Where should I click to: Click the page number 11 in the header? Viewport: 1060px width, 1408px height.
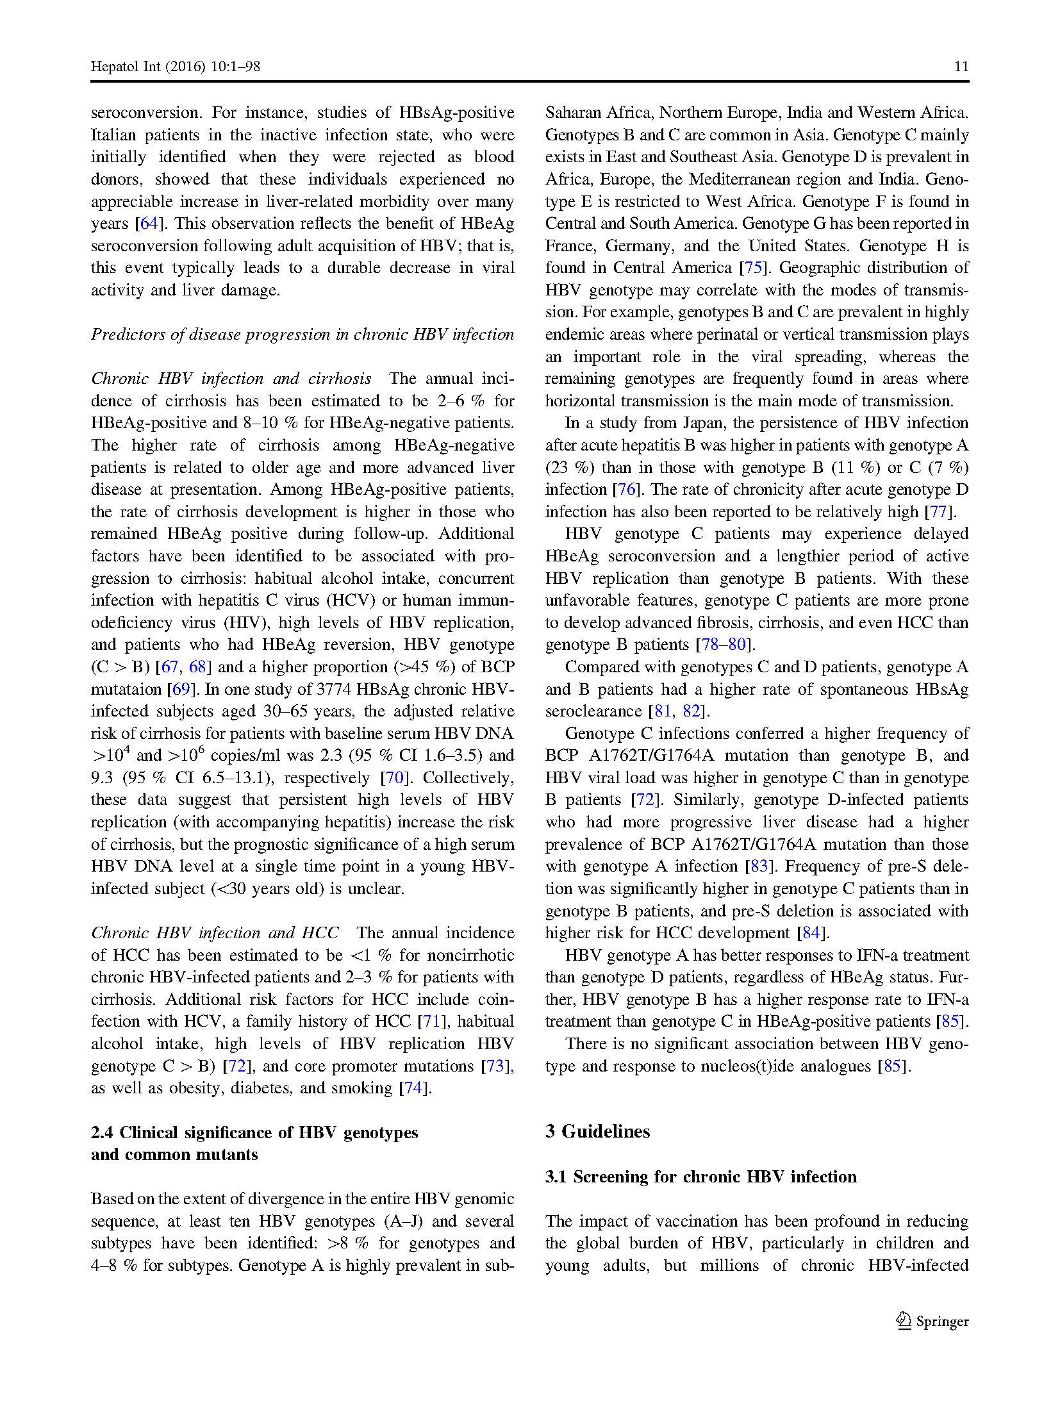pyautogui.click(x=961, y=67)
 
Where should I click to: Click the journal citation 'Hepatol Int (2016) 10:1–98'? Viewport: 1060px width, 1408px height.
pyautogui.click(x=175, y=67)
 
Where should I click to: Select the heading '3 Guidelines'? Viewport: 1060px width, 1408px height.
pyautogui.click(x=597, y=1131)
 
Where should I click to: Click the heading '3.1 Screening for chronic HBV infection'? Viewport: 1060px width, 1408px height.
pyautogui.click(x=700, y=1177)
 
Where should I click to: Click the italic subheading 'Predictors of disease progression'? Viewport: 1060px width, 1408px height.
pyautogui.click(x=302, y=334)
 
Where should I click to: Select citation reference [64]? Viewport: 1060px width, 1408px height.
pyautogui.click(x=149, y=223)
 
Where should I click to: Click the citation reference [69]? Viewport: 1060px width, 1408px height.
pyautogui.click(x=181, y=689)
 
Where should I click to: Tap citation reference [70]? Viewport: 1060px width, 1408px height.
pyautogui.click(x=394, y=777)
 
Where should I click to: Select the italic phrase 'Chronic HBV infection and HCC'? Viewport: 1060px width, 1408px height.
pyautogui.click(x=215, y=932)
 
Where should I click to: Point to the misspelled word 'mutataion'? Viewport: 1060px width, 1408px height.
pyautogui.click(x=126, y=689)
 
